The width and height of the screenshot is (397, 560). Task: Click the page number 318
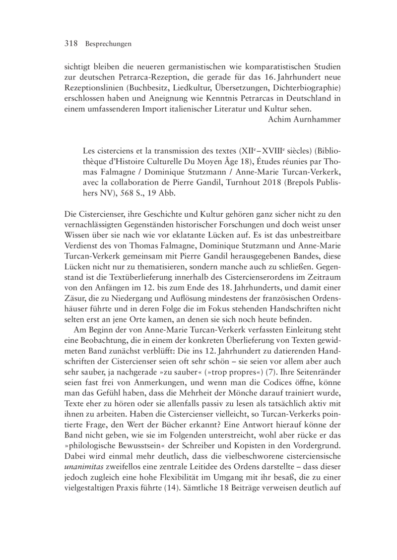pyautogui.click(x=72, y=44)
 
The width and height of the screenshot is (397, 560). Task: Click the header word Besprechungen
pyautogui.click(x=108, y=44)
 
